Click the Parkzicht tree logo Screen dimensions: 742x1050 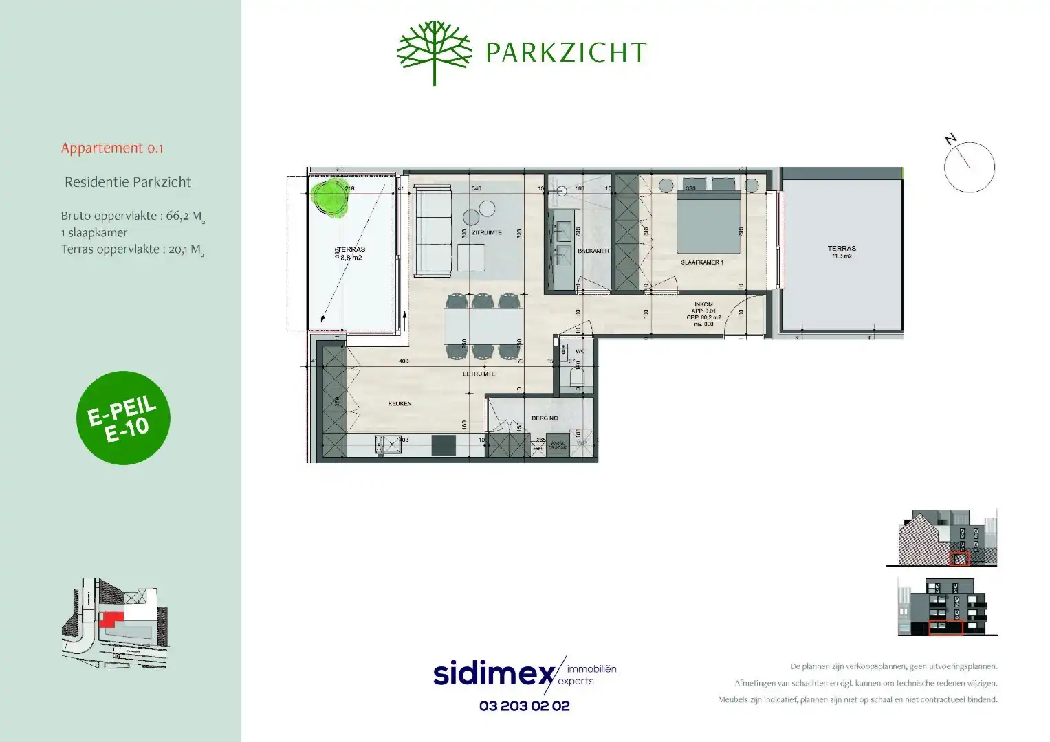tap(434, 52)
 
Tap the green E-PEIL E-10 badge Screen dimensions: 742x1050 tap(123, 418)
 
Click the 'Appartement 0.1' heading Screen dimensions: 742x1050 tap(112, 148)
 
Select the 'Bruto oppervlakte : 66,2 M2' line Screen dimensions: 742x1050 tap(133, 216)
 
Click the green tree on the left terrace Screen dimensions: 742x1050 tap(329, 197)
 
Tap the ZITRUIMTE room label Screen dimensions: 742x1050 tap(486, 232)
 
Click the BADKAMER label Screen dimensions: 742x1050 tap(593, 251)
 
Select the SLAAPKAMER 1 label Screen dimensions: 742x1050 tap(701, 262)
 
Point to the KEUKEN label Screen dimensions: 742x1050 tap(400, 403)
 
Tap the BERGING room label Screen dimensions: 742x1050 tap(545, 418)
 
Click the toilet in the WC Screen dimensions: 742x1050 tap(577, 378)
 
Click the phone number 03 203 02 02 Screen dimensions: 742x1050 tap(524, 706)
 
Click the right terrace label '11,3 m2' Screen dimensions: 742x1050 tap(842, 256)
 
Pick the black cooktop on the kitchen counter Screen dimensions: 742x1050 tap(444, 445)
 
